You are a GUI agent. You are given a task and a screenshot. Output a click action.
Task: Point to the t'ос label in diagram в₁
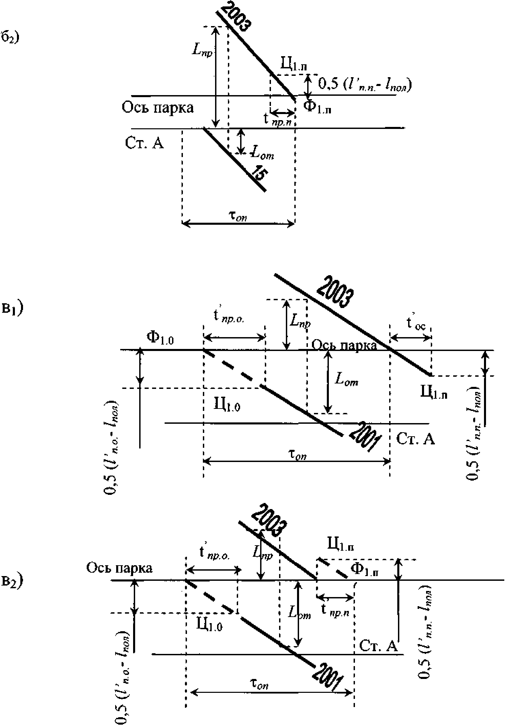pos(416,324)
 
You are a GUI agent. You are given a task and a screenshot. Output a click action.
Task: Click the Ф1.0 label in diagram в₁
pos(160,338)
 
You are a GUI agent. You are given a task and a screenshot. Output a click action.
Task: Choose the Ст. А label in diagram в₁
pos(415,439)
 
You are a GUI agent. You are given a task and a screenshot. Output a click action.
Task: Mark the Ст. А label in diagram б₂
pos(144,144)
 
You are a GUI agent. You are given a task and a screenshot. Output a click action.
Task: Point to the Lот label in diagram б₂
pos(261,155)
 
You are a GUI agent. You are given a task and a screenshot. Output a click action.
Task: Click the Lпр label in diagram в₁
pos(300,322)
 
